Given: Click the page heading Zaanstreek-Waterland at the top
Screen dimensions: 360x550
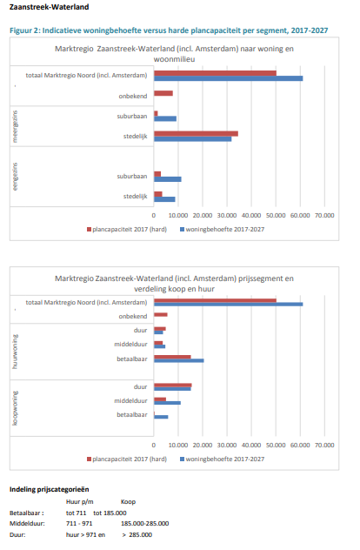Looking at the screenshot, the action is (x=49, y=7).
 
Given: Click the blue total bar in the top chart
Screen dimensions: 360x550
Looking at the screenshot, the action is (x=228, y=78).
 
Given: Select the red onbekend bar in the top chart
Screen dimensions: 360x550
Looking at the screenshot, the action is (x=163, y=93).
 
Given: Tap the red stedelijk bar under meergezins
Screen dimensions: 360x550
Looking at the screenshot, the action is (x=196, y=134).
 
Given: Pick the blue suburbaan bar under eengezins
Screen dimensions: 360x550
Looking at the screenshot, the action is (x=168, y=179).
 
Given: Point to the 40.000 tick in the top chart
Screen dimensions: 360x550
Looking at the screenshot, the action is (x=251, y=215).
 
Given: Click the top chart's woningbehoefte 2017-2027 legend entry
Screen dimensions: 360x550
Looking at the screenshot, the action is (x=223, y=230).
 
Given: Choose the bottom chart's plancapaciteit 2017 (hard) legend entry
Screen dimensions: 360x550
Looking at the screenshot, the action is (x=127, y=459).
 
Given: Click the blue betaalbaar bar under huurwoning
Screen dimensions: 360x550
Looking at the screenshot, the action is (x=179, y=360).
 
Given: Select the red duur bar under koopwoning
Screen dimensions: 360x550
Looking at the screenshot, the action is (x=173, y=386).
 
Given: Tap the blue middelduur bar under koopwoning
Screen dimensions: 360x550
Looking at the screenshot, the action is (x=167, y=403).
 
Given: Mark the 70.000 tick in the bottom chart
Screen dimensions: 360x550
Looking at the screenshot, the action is (x=324, y=445).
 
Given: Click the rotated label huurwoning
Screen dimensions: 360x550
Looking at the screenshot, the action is (x=15, y=352).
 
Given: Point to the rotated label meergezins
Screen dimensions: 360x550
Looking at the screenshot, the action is (x=15, y=127).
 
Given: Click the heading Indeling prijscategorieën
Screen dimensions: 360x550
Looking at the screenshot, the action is (x=49, y=489).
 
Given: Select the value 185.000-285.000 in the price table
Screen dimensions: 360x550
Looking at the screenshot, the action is (x=144, y=523).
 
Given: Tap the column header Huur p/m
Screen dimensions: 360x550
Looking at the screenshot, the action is (x=80, y=502).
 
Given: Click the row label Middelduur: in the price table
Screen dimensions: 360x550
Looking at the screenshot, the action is (x=27, y=523).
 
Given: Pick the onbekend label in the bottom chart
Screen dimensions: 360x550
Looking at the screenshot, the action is (x=133, y=317).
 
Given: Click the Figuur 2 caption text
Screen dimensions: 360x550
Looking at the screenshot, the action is (x=169, y=30).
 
